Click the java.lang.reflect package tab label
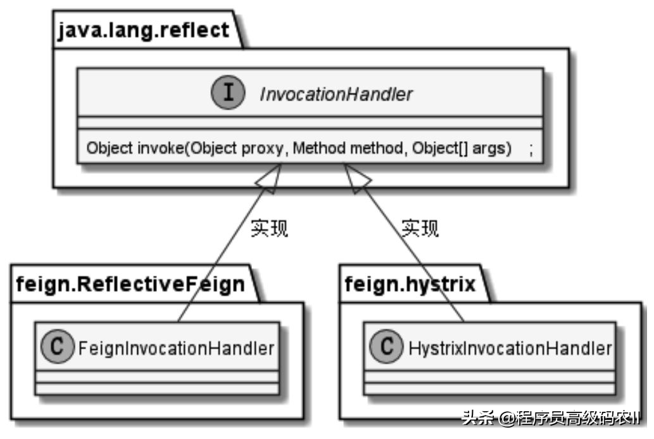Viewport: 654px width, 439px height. pos(144,30)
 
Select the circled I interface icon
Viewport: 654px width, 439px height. pos(229,93)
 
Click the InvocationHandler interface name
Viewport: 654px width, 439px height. pos(336,94)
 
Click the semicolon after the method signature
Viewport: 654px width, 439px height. pos(530,149)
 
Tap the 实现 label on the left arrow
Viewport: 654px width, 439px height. pos(269,228)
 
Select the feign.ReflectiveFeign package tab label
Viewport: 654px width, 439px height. pos(130,284)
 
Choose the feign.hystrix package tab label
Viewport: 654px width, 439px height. pos(410,284)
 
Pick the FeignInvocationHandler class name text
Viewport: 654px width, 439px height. pos(174,348)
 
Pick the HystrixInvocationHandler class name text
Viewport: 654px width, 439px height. pos(510,348)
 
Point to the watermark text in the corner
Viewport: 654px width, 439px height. pos(551,418)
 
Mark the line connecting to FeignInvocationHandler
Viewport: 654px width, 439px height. pos(215,266)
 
